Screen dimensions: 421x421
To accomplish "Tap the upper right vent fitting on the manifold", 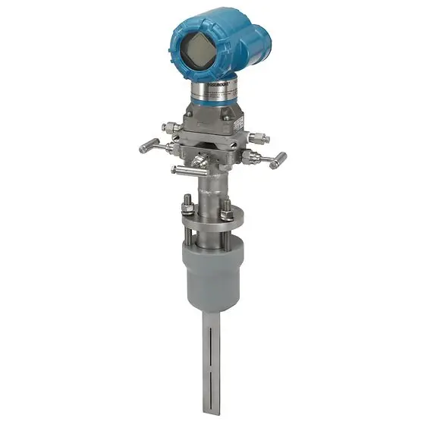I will coord(260,138).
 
